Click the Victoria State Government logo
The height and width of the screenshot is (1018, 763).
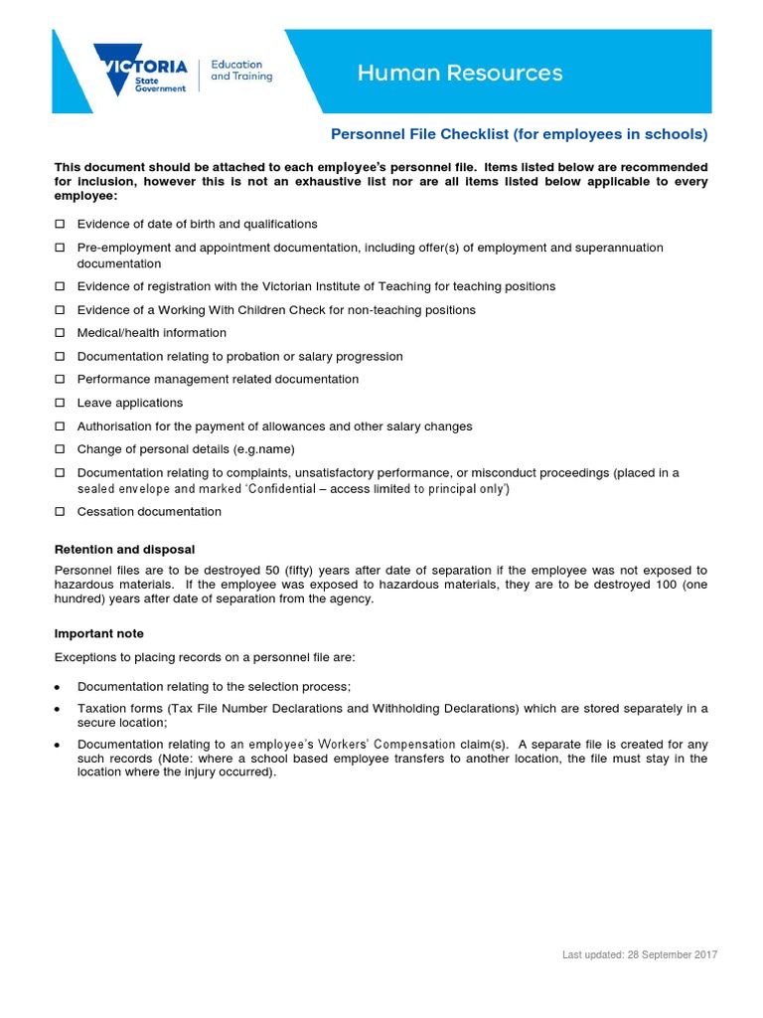click(139, 71)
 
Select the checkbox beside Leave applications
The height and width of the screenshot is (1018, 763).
click(60, 403)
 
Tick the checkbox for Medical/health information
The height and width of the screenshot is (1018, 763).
click(60, 333)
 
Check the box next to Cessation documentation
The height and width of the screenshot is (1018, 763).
click(60, 512)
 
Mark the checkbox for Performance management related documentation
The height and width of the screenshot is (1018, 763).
click(60, 380)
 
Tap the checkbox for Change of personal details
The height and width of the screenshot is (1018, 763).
click(60, 449)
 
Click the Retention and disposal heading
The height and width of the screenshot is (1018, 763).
click(124, 549)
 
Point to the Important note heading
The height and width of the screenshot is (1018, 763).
click(98, 633)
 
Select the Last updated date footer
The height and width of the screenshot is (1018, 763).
click(639, 954)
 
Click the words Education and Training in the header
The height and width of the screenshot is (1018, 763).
click(241, 71)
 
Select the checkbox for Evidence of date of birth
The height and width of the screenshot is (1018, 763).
click(60, 224)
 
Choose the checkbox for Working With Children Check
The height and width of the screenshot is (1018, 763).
click(60, 310)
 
